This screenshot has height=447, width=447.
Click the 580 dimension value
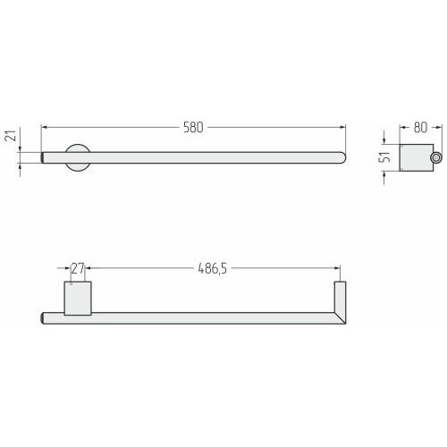point(193,127)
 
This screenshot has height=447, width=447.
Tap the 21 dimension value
point(12,136)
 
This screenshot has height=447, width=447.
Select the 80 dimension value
point(420,127)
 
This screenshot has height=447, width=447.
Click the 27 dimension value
point(78,268)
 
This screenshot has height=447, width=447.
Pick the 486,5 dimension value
point(213,268)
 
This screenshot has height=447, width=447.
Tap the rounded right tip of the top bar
point(343,157)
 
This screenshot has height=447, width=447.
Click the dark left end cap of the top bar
point(43,157)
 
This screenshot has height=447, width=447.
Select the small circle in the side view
point(435,157)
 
